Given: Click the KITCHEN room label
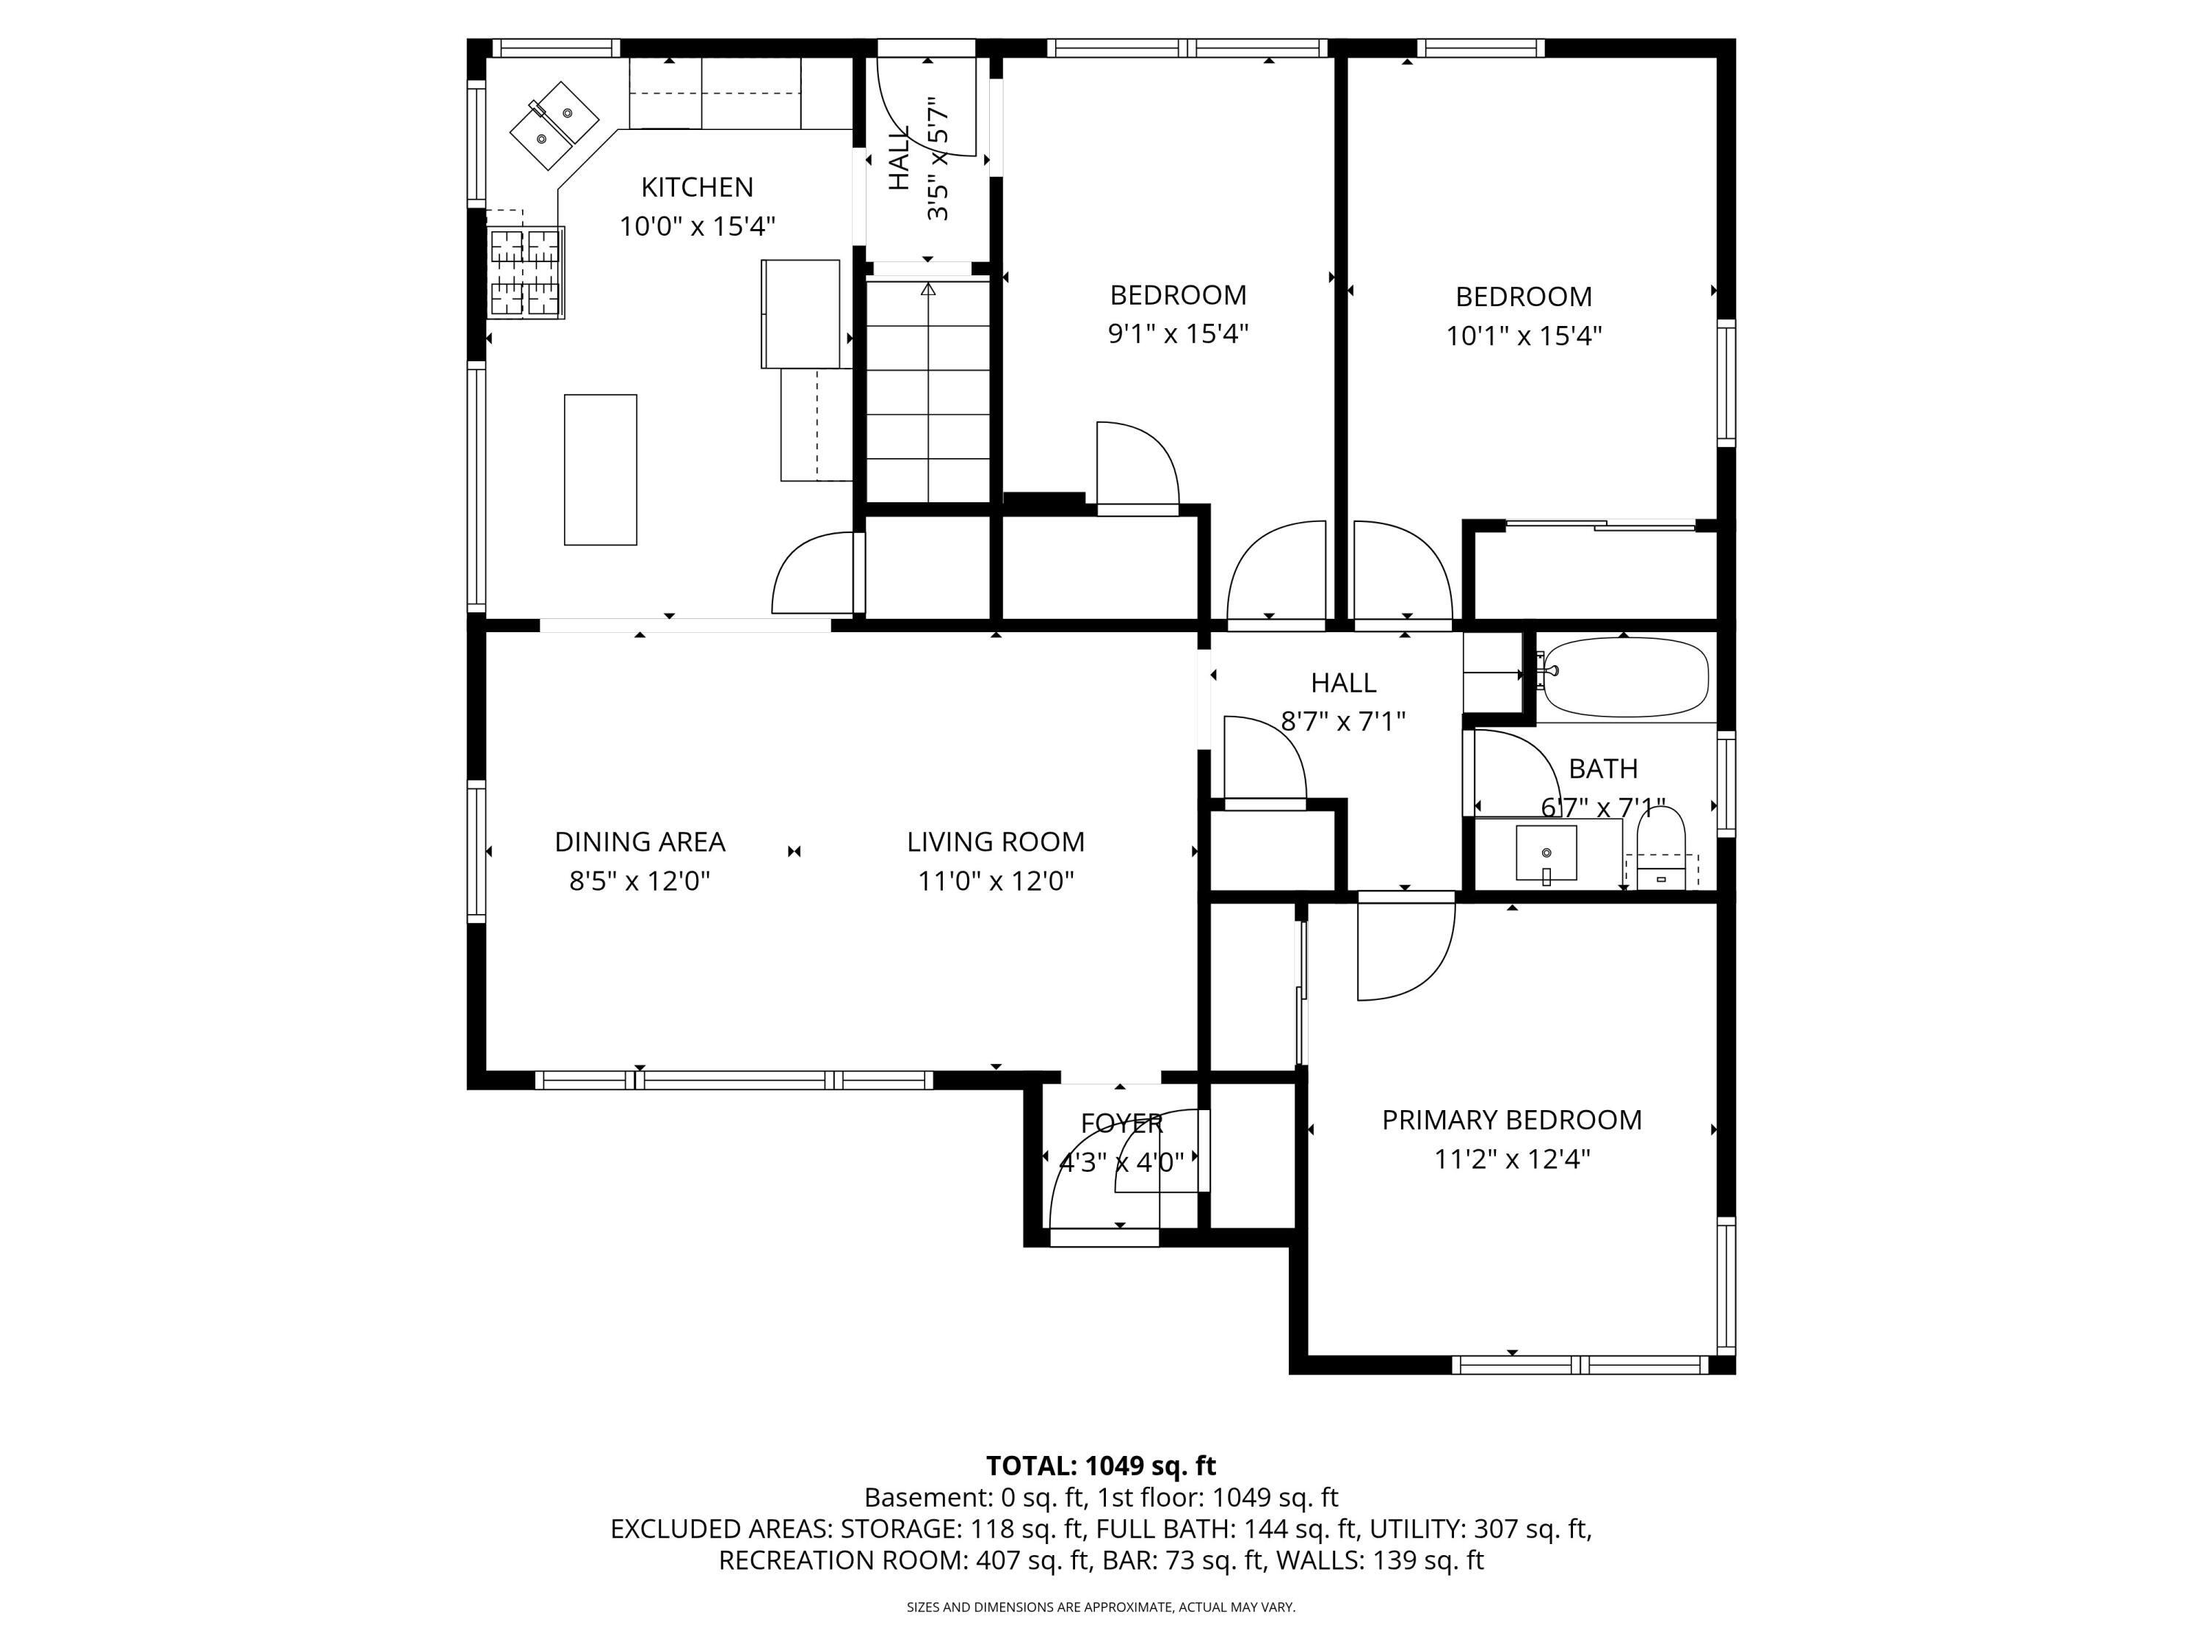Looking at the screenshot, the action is coord(696,187).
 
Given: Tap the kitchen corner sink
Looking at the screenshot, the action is coord(554,126).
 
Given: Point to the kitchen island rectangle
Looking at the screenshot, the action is coord(601,470).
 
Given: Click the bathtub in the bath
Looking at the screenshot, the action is coord(1625,677).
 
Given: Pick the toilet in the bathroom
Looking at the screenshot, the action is coord(1660,847).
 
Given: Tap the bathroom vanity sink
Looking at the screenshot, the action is coord(1546,853).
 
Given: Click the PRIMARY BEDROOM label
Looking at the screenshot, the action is coord(1511,1120).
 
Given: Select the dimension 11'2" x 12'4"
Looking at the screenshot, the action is coord(1511,1159).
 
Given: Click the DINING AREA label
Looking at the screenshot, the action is coord(640,842).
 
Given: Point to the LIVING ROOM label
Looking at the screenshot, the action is coord(995,842).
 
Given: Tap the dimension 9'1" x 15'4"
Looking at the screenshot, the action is coord(1178,333).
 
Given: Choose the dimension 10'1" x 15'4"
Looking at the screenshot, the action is coord(1523,336).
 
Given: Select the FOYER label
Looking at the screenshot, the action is coord(1121,1123).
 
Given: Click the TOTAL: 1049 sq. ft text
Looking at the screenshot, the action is coord(1101,1466).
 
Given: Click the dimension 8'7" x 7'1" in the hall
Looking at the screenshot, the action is coord(1342,721).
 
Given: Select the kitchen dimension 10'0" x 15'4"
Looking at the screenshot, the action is coord(697,227).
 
